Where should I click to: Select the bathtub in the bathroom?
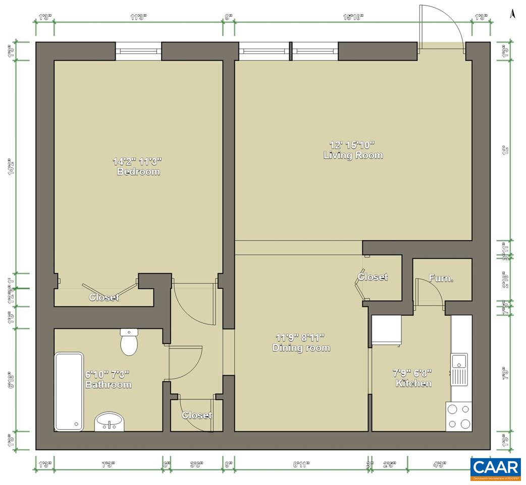coord(69,392)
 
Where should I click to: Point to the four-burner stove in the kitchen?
coord(458,417)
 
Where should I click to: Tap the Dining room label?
coord(301,348)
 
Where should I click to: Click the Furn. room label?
coord(441,278)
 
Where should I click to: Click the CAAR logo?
coord(495,469)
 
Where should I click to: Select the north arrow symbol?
coord(512,14)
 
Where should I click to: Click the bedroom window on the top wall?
coord(138,51)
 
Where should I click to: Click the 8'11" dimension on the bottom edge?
coord(301,464)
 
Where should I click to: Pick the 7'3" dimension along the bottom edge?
coord(108,464)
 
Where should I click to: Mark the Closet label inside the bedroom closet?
coord(104,298)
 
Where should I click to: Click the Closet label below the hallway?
coord(197,415)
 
